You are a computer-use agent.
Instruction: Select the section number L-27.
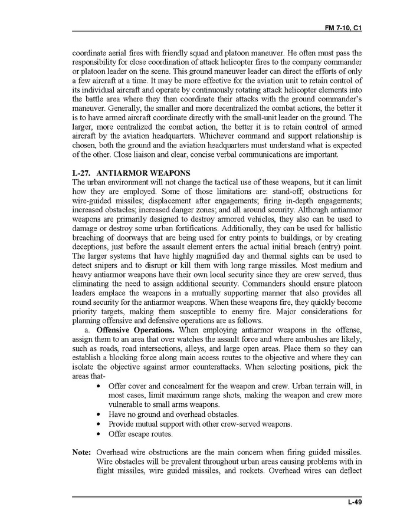pyautogui.click(x=81, y=173)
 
